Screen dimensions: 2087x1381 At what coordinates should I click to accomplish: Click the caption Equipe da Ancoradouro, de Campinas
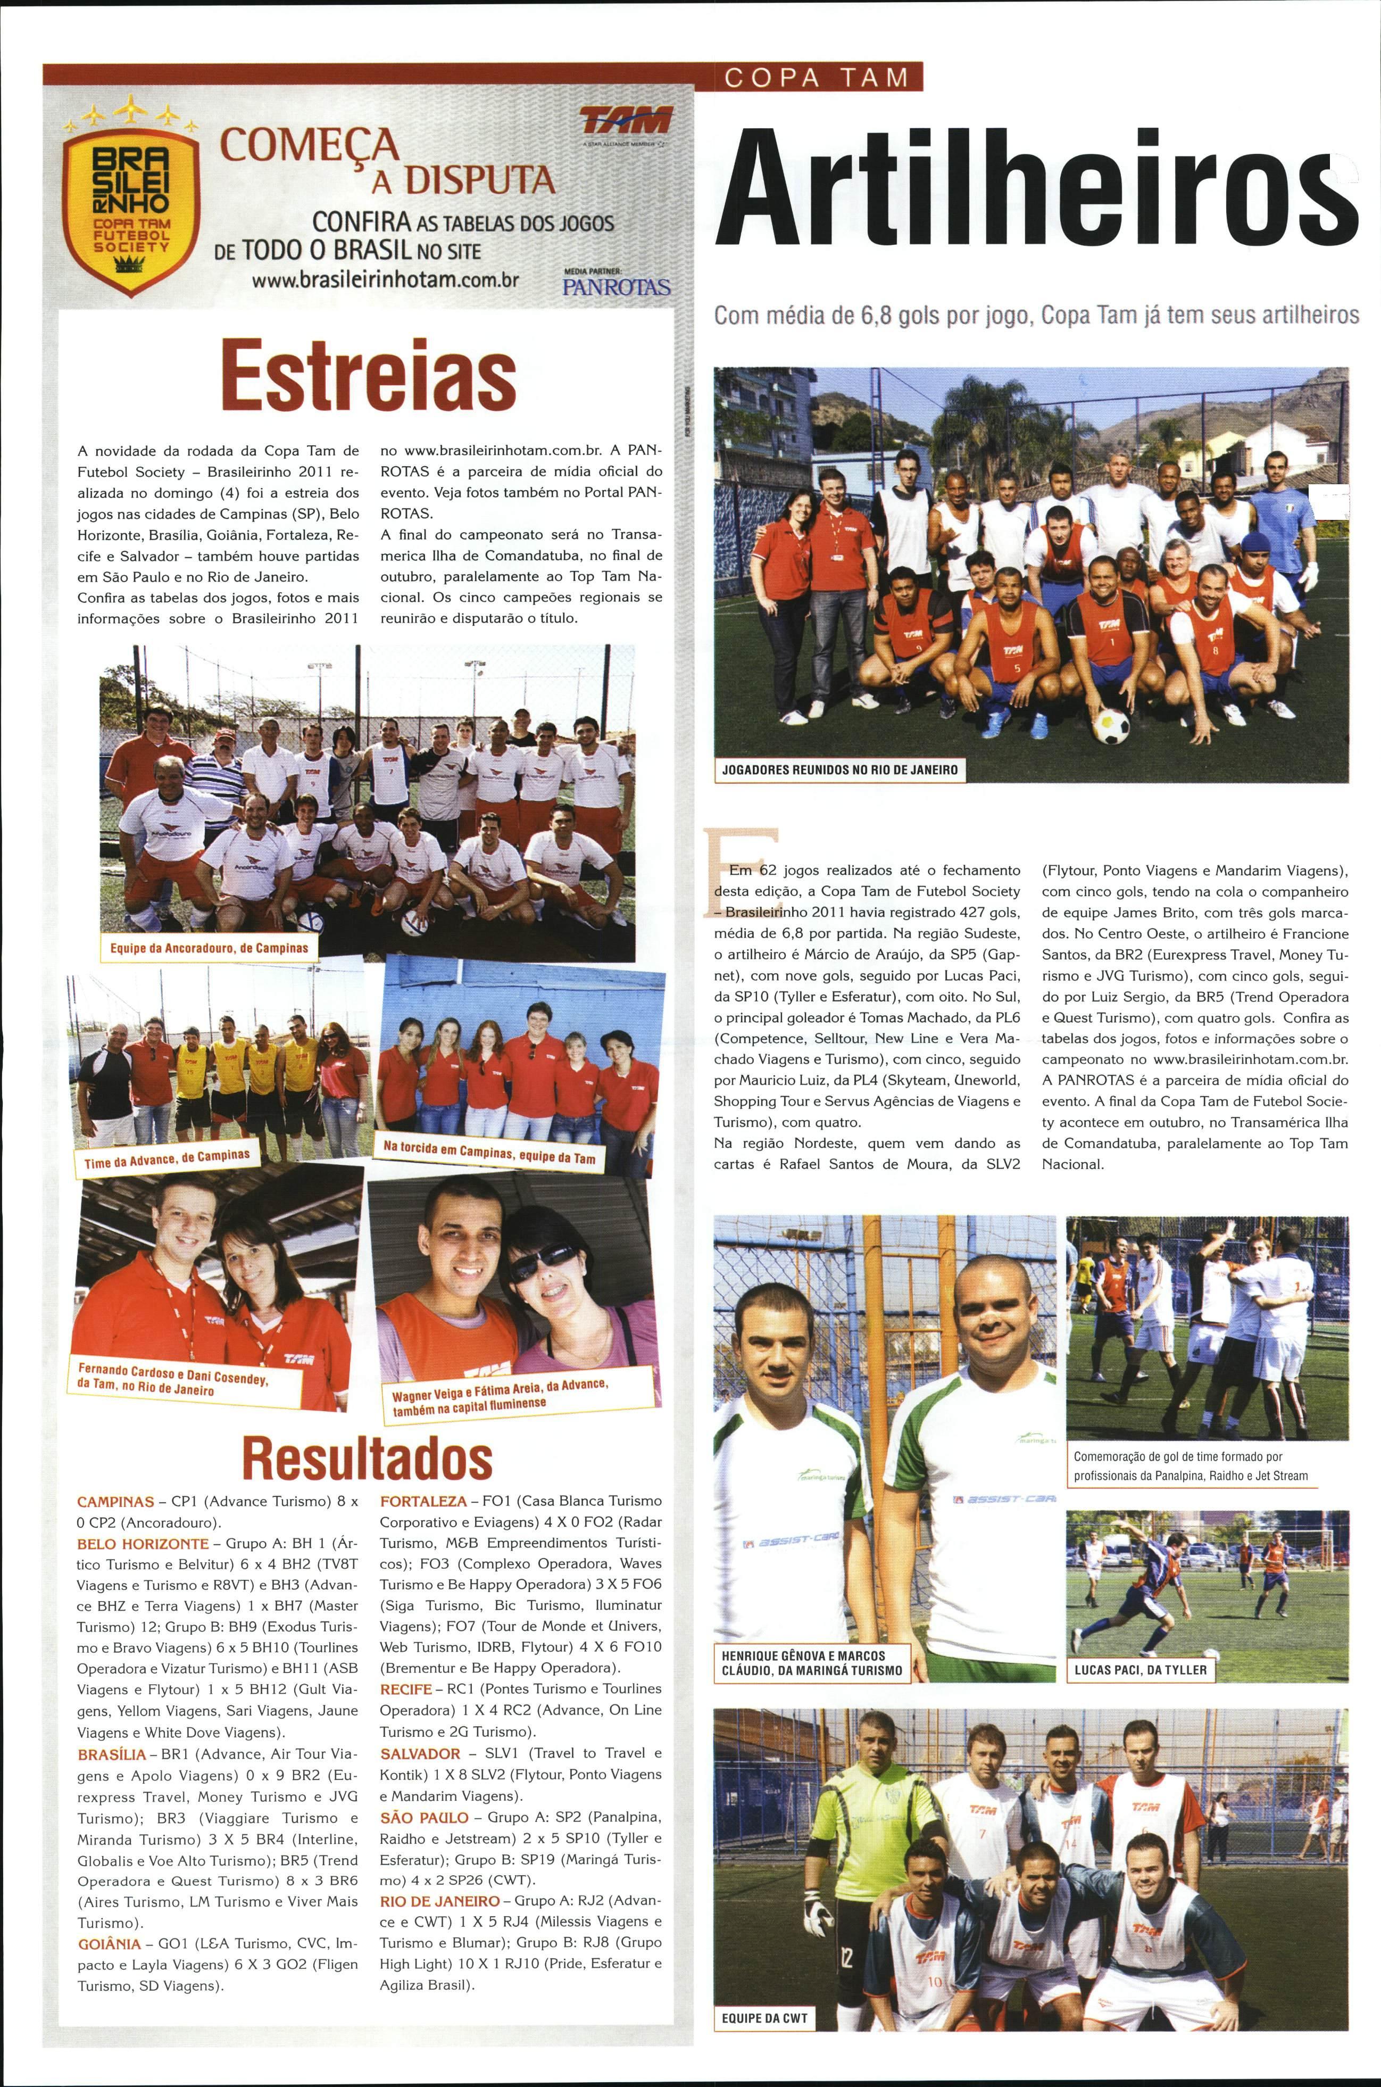(x=210, y=948)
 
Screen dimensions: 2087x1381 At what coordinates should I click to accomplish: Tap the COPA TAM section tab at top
(x=816, y=78)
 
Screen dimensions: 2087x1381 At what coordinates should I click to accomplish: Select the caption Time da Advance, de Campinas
(x=167, y=1158)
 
